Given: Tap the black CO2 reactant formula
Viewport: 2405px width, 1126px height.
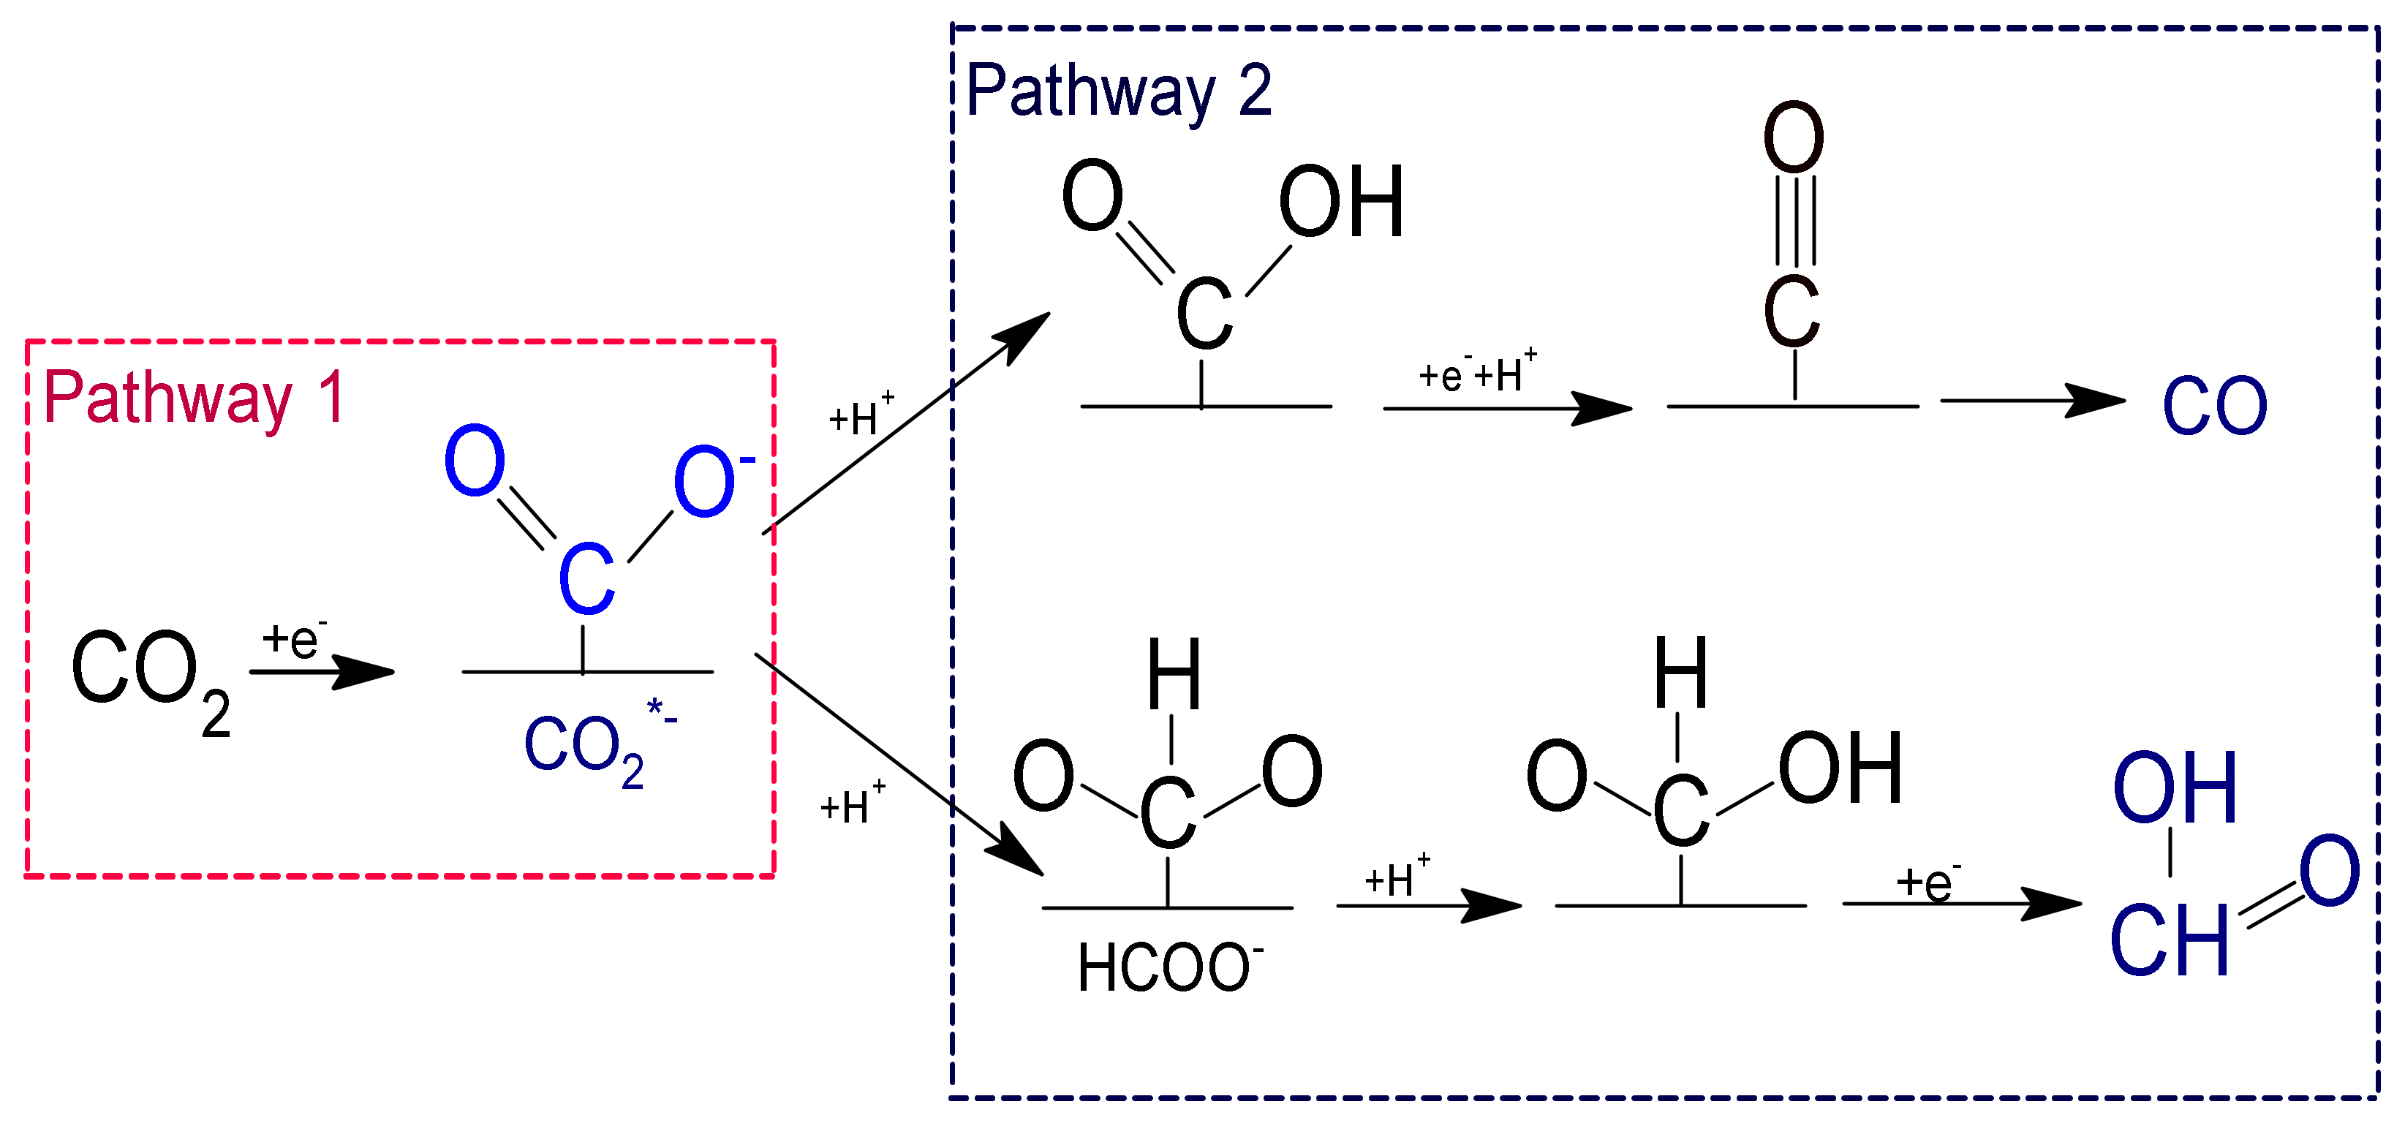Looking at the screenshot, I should click(149, 677).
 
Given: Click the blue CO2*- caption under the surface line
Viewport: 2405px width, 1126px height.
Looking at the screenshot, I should click(597, 747).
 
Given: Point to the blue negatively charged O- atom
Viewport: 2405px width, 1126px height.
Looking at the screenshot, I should click(711, 481).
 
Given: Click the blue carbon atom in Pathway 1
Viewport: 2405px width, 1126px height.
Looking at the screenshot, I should click(586, 580).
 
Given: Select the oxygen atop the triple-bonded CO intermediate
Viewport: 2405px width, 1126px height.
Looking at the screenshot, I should click(1794, 137).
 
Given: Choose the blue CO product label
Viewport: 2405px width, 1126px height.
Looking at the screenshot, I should click(2215, 407).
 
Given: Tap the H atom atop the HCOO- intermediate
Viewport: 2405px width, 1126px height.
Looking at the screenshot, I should click(1174, 674).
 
